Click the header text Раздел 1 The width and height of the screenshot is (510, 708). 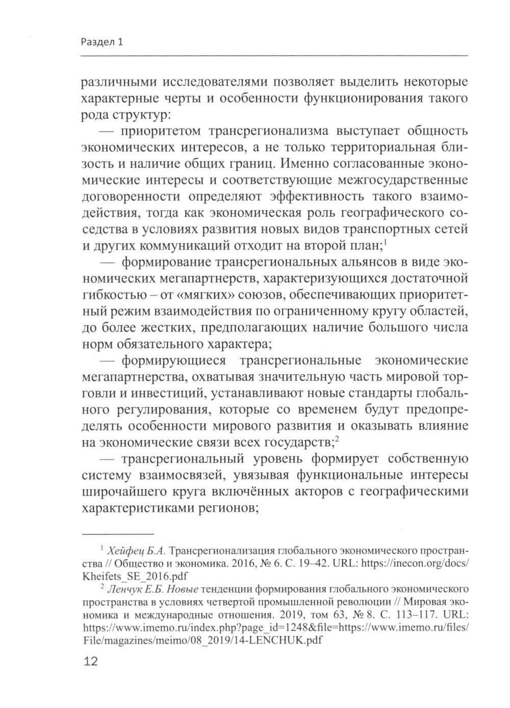click(102, 42)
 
